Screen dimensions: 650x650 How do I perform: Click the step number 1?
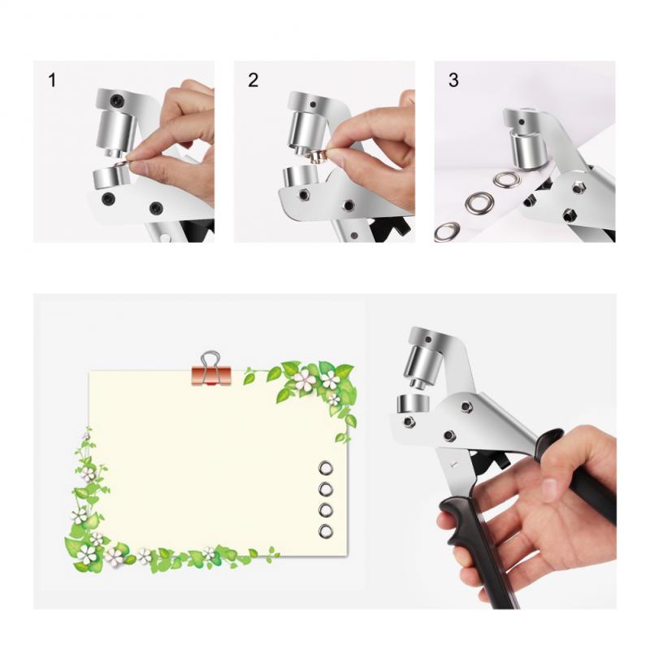click(53, 80)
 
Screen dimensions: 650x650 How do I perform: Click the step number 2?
click(253, 80)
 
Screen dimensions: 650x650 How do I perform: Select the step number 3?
click(453, 80)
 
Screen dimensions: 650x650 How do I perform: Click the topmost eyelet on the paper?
click(326, 468)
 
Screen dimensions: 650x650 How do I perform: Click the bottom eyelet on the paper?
click(326, 531)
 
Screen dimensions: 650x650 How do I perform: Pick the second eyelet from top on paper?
click(326, 489)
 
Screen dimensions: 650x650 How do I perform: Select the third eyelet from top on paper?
click(326, 510)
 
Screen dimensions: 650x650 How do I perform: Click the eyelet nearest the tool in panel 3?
click(508, 180)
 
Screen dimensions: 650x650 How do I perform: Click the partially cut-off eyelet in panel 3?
click(446, 232)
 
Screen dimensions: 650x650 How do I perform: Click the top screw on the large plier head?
click(466, 406)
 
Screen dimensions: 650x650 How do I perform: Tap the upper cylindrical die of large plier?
click(422, 357)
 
